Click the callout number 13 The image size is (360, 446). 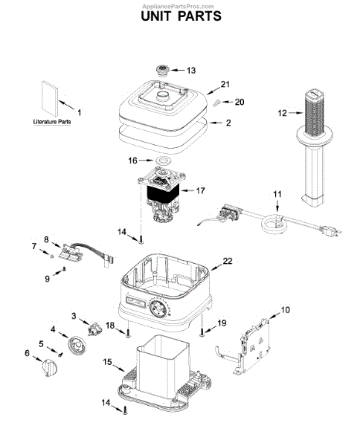(191, 71)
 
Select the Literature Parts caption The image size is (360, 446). (52, 122)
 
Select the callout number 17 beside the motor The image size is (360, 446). (200, 190)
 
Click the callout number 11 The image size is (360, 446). (277, 194)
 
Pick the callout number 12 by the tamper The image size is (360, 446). (283, 113)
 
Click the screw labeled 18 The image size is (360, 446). (128, 333)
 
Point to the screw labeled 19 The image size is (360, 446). (202, 332)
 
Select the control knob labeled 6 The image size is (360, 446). (49, 368)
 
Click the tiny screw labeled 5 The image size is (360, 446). (60, 355)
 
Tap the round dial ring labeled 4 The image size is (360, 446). (77, 345)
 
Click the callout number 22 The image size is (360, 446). (228, 261)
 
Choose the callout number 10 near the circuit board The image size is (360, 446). (285, 309)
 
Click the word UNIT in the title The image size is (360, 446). (156, 16)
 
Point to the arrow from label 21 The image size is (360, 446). (213, 91)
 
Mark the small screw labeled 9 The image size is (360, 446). (64, 268)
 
